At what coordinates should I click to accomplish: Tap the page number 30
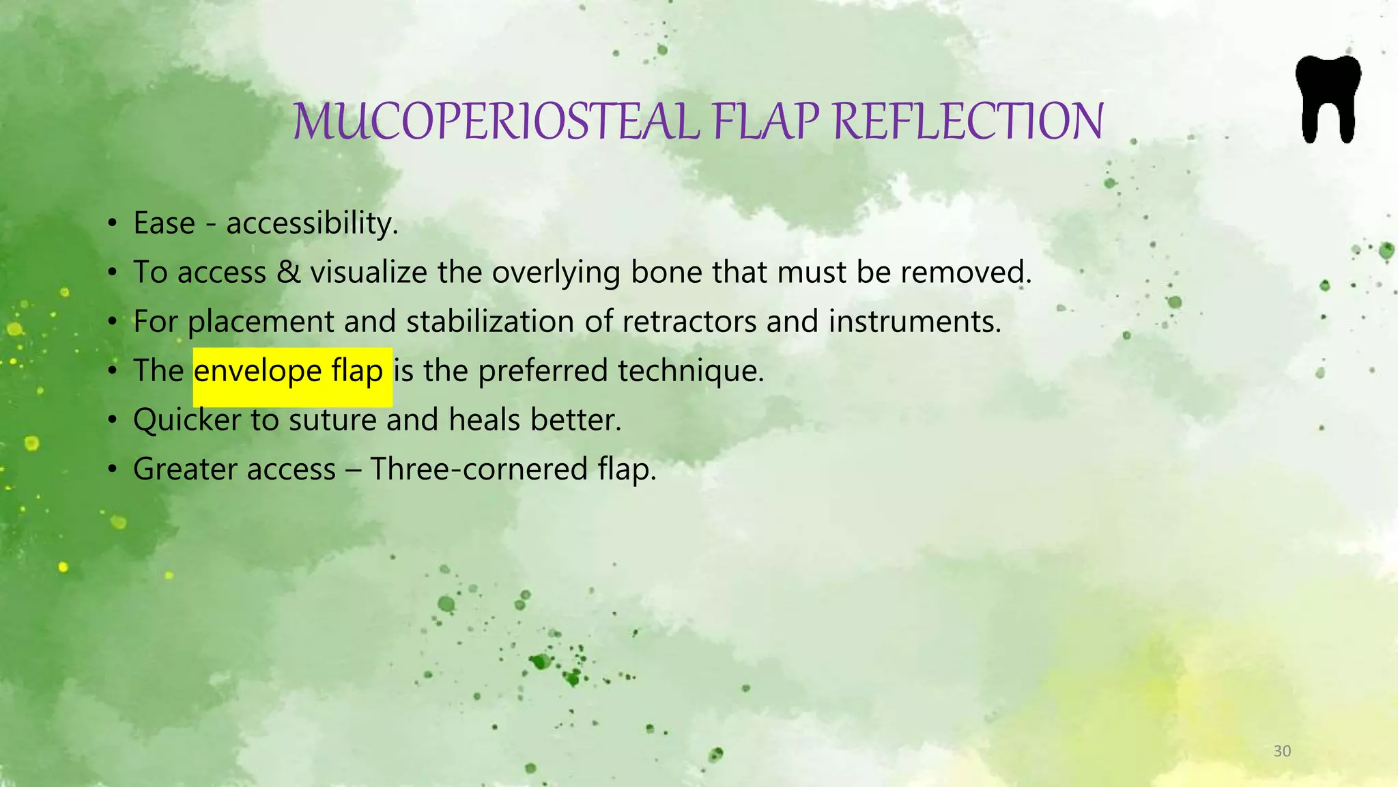click(x=1282, y=751)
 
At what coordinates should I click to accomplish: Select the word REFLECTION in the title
click(x=968, y=122)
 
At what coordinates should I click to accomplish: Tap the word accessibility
click(x=312, y=223)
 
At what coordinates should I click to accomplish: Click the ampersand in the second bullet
click(x=288, y=272)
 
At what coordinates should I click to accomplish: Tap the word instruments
click(x=915, y=322)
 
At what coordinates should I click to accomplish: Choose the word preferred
click(x=543, y=371)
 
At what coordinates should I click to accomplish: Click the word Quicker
click(x=187, y=419)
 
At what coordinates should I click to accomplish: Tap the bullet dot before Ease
click(x=113, y=224)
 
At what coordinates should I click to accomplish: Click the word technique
click(x=691, y=372)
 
